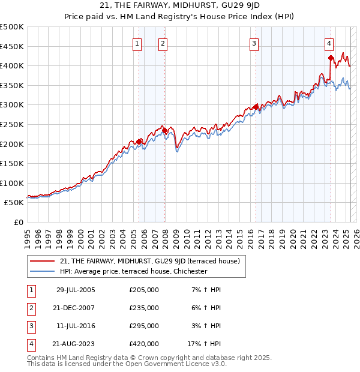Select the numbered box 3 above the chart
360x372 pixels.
[254, 43]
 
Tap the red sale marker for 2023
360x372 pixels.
[331, 58]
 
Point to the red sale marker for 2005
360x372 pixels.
[139, 142]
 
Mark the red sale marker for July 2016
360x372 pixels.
[256, 107]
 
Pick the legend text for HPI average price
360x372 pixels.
[133, 271]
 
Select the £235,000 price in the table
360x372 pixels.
[144, 308]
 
